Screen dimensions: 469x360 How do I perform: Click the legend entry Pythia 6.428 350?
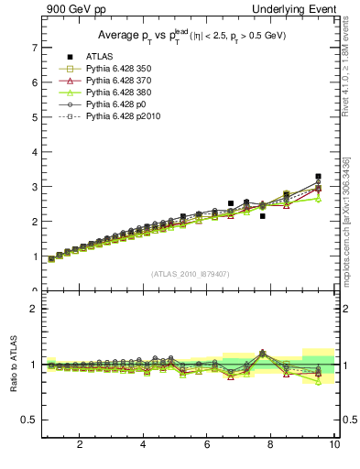[x=118, y=69]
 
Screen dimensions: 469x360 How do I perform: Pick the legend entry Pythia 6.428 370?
[x=118, y=81]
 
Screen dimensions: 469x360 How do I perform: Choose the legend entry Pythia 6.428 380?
[x=118, y=93]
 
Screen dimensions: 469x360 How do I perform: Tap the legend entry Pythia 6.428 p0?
[x=115, y=104]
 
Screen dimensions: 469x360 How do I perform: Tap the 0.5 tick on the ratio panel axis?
[x=29, y=420]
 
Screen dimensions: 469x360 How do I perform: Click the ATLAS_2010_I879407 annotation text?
[x=189, y=274]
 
